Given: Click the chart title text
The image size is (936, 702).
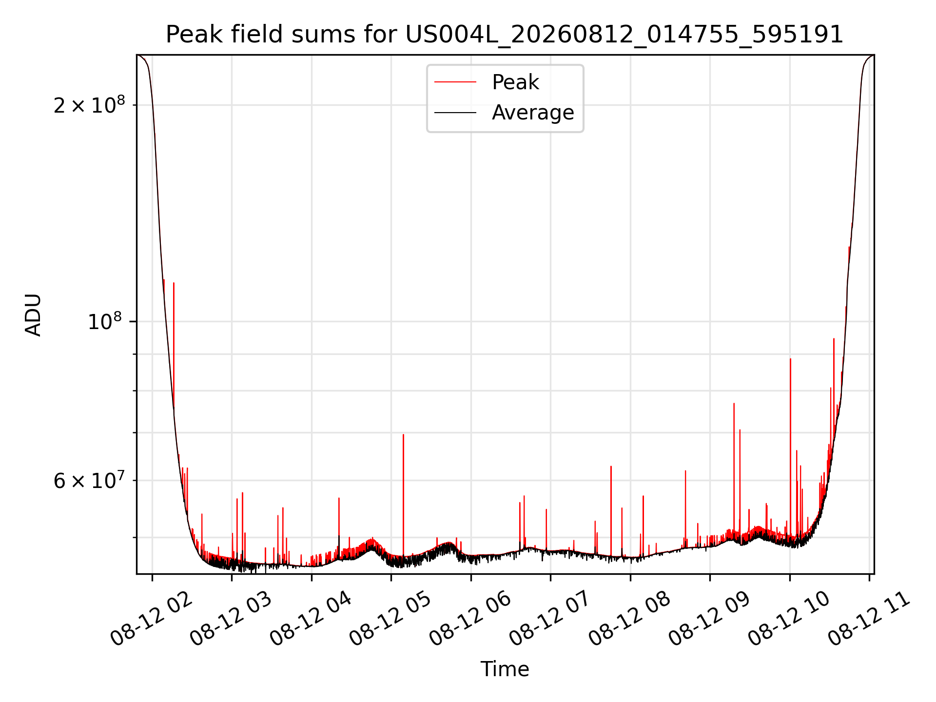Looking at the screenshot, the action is tap(505, 35).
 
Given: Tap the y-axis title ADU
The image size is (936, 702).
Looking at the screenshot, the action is tap(33, 314).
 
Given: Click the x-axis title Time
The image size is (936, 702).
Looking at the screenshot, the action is tap(505, 669).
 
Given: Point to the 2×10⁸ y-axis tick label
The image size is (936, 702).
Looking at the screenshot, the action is tap(89, 105).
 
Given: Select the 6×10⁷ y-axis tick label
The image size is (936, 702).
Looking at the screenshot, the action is tap(89, 481).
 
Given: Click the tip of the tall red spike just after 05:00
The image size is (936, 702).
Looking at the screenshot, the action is tap(403, 434).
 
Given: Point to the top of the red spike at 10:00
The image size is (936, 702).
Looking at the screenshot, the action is tap(790, 359).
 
